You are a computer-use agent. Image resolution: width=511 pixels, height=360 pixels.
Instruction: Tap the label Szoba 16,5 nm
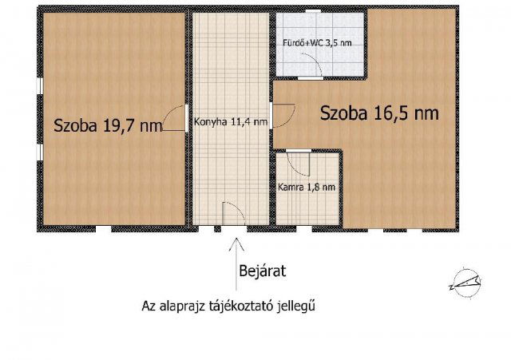pyautogui.click(x=379, y=113)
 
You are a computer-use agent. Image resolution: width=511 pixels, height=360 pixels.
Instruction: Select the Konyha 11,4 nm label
pyautogui.click(x=230, y=123)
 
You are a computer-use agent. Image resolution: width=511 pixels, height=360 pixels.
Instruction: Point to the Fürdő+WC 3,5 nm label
pyautogui.click(x=315, y=42)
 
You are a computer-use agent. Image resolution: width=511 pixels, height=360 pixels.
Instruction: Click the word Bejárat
pyautogui.click(x=262, y=271)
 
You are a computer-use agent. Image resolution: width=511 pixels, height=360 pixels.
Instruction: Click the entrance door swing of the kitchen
pyautogui.click(x=232, y=213)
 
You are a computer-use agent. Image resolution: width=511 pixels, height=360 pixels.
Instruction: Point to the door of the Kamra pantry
pyautogui.click(x=299, y=163)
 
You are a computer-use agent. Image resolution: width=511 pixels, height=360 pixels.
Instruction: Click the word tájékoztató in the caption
pyautogui.click(x=236, y=306)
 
